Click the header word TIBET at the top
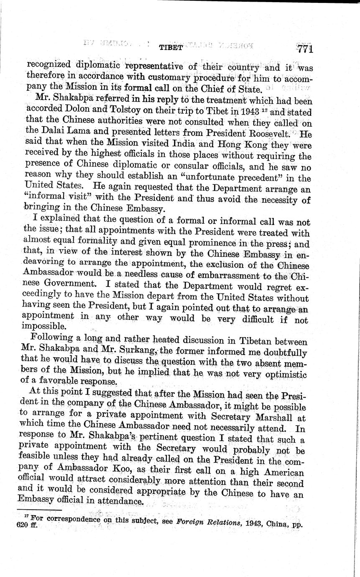click(x=171, y=47)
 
